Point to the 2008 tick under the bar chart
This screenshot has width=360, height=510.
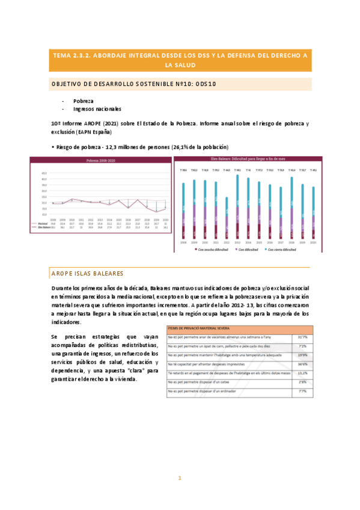point(183,242)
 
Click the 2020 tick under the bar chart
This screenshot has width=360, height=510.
point(313,242)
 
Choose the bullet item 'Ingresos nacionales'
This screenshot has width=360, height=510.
point(97,109)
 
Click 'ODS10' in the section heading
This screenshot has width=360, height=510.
point(204,84)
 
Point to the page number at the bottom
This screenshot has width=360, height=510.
point(179,478)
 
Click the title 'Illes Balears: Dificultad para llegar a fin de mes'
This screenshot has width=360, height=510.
point(248,160)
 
